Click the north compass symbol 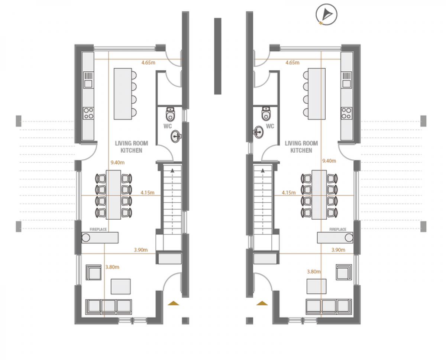tap(326, 14)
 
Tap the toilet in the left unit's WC tap(171, 114)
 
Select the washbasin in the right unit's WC tap(258, 132)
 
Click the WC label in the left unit tap(168, 126)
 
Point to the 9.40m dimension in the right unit tap(329, 161)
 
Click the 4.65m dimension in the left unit tap(148, 62)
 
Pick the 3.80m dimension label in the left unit tap(112, 267)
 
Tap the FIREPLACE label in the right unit tap(337, 229)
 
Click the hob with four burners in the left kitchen tap(88, 113)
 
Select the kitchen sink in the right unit tap(346, 80)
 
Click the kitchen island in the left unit tap(123, 94)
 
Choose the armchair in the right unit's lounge tap(344, 272)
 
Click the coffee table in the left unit tap(121, 286)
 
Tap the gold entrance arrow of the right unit tap(262, 303)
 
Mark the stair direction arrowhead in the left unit tap(172, 171)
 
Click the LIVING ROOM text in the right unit tap(301, 143)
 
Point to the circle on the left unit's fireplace tap(86, 237)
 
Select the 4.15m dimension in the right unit tap(288, 192)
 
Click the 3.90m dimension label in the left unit tap(141, 250)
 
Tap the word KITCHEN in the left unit tap(131, 150)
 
